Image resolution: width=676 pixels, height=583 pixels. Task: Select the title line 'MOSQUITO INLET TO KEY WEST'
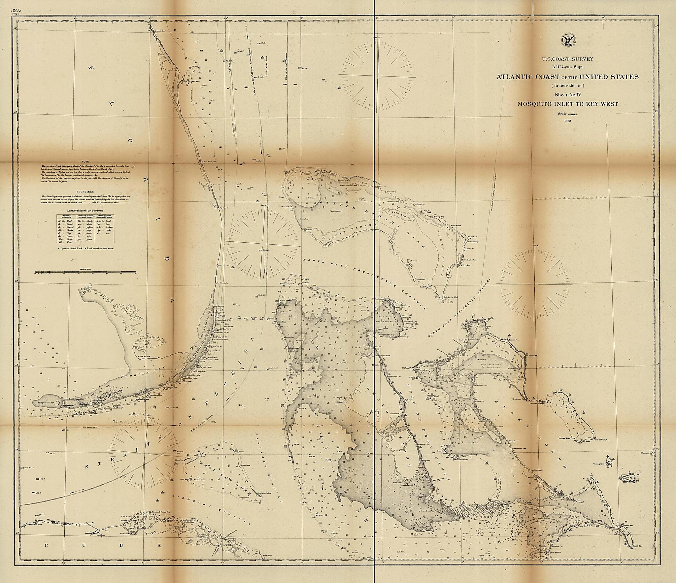coord(568,104)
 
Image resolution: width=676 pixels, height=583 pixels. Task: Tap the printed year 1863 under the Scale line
coord(568,121)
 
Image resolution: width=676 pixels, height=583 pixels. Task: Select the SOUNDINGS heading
coord(85,191)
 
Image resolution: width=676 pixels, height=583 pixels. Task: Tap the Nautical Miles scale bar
coord(85,272)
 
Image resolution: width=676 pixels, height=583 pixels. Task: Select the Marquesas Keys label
coord(44,403)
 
